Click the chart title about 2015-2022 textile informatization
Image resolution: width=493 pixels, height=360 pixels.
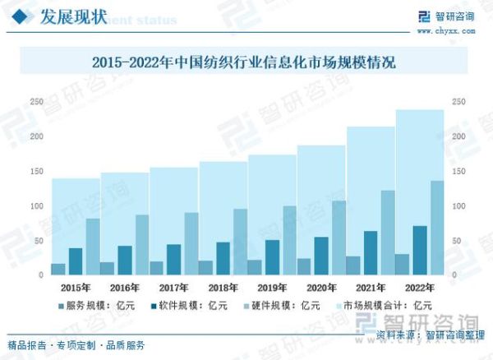coord(243,62)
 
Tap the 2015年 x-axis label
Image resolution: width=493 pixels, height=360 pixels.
coord(76,288)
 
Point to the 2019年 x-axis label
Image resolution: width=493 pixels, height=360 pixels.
coord(272,288)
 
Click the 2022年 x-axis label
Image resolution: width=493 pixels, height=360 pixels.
coord(419,288)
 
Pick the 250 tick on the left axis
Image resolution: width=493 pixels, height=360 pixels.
coord(36,102)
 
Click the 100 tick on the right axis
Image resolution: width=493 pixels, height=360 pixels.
coord(458,205)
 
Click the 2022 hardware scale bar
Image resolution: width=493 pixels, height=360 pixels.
coord(437,228)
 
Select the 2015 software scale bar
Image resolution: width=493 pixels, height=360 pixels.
coord(76,261)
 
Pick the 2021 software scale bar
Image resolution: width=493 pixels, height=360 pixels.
coord(371,252)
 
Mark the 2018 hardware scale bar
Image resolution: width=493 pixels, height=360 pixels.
coord(240,242)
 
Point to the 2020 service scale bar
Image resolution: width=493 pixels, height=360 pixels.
coord(304,266)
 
